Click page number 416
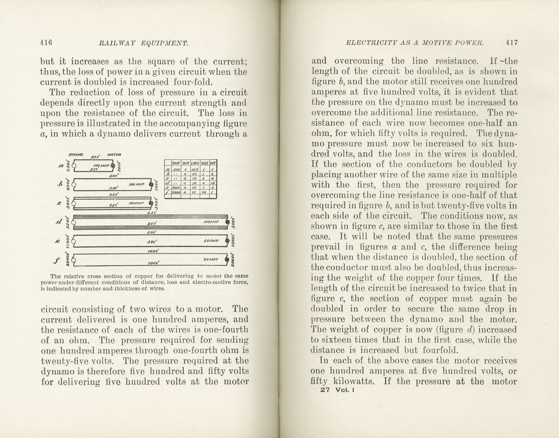click(46, 42)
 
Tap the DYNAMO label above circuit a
click(76, 155)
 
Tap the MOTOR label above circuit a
click(114, 155)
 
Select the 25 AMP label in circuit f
click(211, 259)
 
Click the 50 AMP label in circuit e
click(211, 241)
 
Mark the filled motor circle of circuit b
click(151, 184)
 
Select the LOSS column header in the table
click(195, 163)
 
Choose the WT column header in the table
click(213, 163)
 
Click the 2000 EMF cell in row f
click(176, 192)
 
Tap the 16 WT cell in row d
click(213, 183)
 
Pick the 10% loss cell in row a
click(195, 170)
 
